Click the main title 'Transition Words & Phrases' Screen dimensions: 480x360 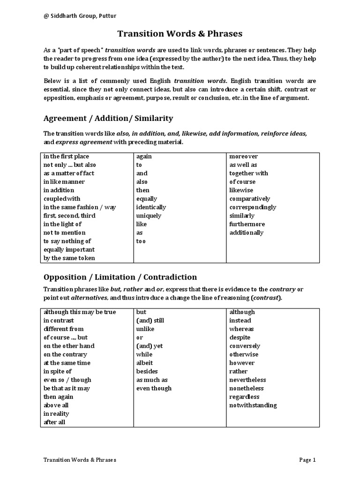[180, 34]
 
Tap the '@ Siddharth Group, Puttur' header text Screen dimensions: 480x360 [80, 16]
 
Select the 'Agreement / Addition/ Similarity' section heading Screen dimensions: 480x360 [108, 118]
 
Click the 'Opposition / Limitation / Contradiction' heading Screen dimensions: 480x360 [120, 277]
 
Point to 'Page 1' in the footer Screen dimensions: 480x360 [307, 460]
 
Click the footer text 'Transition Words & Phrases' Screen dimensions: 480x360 [80, 460]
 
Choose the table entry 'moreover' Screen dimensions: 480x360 [244, 157]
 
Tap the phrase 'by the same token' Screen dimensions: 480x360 [69, 258]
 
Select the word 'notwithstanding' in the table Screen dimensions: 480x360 [253, 405]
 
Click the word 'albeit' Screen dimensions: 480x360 [145, 363]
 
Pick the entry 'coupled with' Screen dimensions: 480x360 [62, 199]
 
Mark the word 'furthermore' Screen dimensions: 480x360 [247, 224]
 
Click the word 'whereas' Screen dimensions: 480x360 [241, 329]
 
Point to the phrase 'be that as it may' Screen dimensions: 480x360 [67, 388]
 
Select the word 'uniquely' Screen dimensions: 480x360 [149, 216]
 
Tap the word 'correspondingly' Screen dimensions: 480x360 [253, 207]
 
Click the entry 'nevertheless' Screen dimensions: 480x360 [247, 380]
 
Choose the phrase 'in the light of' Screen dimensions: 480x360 [62, 224]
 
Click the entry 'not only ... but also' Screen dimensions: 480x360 [69, 165]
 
